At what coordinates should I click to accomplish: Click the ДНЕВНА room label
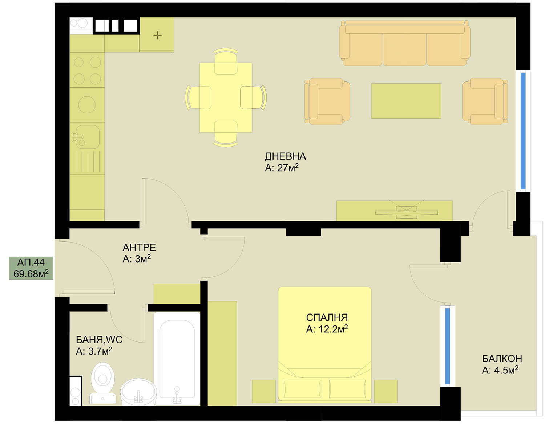pyautogui.click(x=285, y=156)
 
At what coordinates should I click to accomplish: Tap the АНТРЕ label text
pyautogui.click(x=139, y=247)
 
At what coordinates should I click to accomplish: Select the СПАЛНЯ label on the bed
pyautogui.click(x=327, y=317)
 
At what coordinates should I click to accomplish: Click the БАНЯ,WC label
pyautogui.click(x=99, y=340)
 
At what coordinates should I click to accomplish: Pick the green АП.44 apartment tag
pyautogui.click(x=31, y=268)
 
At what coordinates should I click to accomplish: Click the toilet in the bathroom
pyautogui.click(x=102, y=383)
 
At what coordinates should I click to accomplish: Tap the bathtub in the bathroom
pyautogui.click(x=177, y=359)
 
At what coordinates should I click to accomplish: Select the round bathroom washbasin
pyautogui.click(x=138, y=392)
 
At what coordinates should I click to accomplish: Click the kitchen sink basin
pyautogui.click(x=88, y=137)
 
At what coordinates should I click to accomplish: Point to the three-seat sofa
pyautogui.click(x=404, y=43)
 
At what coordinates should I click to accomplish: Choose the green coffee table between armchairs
pyautogui.click(x=406, y=101)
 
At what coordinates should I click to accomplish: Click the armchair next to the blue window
pyautogui.click(x=485, y=101)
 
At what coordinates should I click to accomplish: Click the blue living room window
pyautogui.click(x=523, y=131)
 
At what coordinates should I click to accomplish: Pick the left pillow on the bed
pyautogui.click(x=302, y=389)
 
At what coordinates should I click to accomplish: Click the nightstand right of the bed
pyautogui.click(x=386, y=391)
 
